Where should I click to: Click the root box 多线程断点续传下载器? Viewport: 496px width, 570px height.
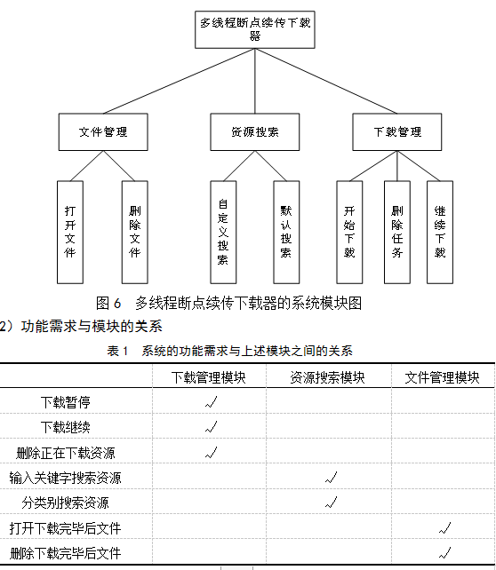[x=255, y=29]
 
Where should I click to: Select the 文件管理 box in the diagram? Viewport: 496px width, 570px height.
[x=103, y=132]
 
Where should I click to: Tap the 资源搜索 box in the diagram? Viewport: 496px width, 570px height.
[x=255, y=132]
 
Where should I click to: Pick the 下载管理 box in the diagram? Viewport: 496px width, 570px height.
[x=397, y=132]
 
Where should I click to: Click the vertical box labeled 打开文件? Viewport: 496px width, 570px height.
[x=70, y=233]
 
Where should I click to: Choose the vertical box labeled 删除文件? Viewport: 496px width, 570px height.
[x=134, y=233]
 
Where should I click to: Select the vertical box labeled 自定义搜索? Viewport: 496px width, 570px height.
[x=223, y=233]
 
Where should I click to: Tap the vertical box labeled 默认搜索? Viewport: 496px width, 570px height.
[x=286, y=233]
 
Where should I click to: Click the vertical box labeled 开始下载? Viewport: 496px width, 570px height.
[x=349, y=233]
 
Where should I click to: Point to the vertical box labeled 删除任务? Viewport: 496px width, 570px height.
[x=397, y=233]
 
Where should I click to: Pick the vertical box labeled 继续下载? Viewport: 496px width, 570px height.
[x=440, y=233]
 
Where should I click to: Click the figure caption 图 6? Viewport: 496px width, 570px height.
[x=108, y=303]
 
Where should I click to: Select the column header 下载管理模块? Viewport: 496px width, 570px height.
[x=209, y=377]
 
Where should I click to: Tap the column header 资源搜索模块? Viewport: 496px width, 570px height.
[x=327, y=377]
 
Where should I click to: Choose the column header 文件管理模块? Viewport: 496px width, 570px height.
[x=442, y=377]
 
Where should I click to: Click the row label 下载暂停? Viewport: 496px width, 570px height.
[x=66, y=402]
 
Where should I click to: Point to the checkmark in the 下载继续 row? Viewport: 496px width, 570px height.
[x=211, y=427]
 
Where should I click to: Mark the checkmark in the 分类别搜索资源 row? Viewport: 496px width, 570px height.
[x=332, y=502]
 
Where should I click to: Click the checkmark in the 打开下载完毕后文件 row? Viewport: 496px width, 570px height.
[x=444, y=527]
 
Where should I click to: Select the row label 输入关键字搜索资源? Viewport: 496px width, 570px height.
[x=65, y=478]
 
